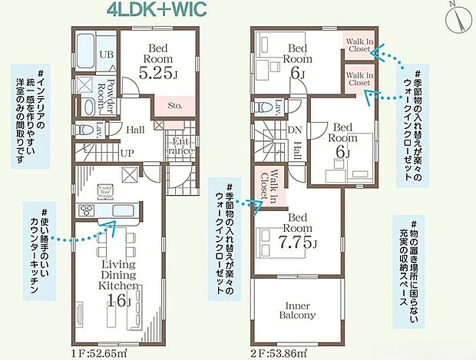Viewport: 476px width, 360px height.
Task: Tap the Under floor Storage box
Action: (106, 192)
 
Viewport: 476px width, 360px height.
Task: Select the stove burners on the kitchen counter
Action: (85, 213)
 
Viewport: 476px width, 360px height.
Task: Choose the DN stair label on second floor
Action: (295, 130)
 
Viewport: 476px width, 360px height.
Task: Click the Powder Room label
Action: (112, 93)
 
